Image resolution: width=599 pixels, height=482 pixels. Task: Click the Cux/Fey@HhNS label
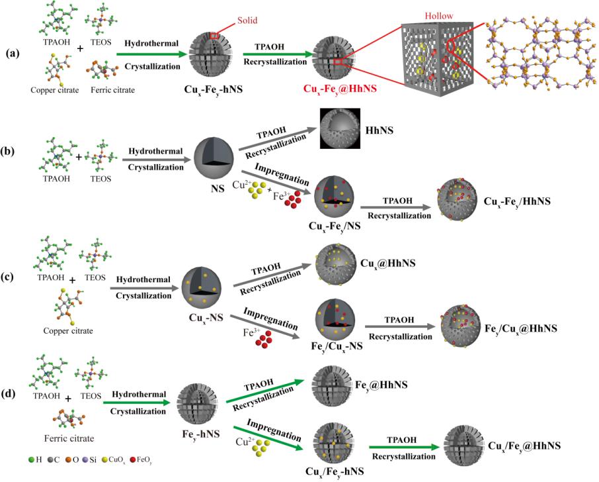pyautogui.click(x=522, y=447)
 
